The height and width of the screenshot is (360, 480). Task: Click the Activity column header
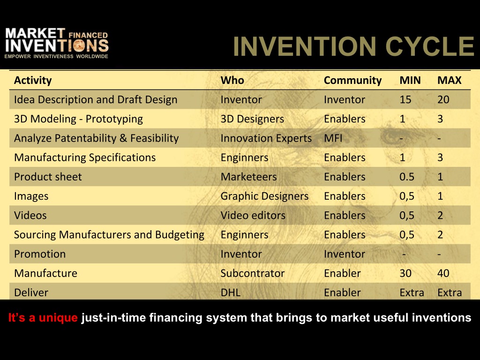(33, 80)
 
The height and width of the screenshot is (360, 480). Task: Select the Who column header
(232, 80)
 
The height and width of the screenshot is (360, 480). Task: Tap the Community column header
(352, 81)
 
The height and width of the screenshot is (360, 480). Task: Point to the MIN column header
(410, 80)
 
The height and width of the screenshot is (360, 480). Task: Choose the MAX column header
(450, 80)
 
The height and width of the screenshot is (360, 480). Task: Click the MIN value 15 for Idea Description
(405, 99)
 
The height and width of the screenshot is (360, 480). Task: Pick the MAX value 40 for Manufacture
(443, 273)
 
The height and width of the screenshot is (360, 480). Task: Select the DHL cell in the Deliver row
(231, 292)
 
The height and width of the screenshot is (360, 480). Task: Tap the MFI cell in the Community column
(333, 138)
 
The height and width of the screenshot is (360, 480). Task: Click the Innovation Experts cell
(266, 138)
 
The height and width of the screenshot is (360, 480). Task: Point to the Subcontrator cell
(253, 273)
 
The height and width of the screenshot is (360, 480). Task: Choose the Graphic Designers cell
(264, 196)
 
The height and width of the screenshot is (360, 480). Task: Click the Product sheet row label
(48, 177)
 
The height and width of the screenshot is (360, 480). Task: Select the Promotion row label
(40, 254)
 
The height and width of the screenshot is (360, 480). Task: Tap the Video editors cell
(253, 215)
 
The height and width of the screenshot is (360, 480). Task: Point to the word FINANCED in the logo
(88, 35)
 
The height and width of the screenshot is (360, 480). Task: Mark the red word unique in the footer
(58, 318)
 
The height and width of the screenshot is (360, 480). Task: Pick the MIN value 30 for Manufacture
(405, 273)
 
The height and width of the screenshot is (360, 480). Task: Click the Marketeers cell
(248, 177)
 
